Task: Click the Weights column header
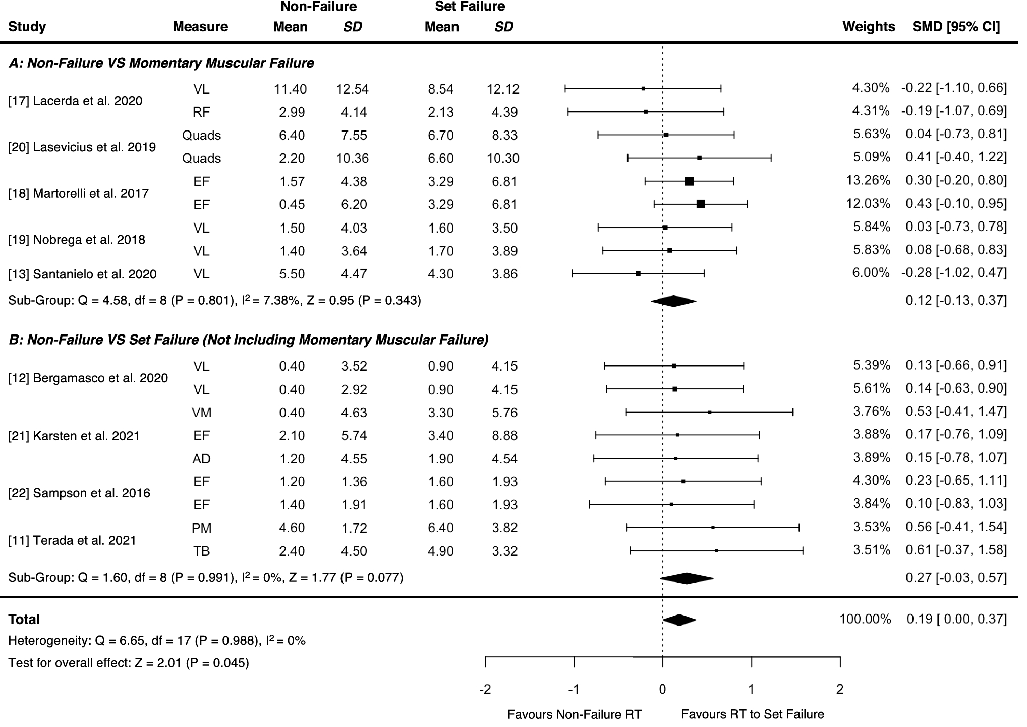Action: (x=869, y=27)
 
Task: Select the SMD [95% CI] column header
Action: (x=956, y=27)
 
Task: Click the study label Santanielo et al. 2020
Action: (x=82, y=274)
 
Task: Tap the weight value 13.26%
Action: (x=868, y=180)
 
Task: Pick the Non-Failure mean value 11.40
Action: (x=290, y=89)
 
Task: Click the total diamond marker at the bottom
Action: (x=679, y=620)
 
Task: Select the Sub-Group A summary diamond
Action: (x=673, y=301)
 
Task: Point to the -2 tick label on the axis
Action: (x=485, y=689)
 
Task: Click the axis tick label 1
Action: (x=751, y=689)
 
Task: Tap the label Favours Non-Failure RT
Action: (x=574, y=715)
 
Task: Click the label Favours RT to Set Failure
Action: (x=752, y=715)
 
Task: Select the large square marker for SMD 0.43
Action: (x=701, y=204)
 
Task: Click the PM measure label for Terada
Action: (x=201, y=528)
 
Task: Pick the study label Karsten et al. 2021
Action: (x=74, y=436)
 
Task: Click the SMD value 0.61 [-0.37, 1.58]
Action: (x=956, y=550)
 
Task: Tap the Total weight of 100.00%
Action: (x=865, y=619)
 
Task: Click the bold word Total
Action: (x=24, y=620)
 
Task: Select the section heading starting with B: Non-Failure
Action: (x=248, y=340)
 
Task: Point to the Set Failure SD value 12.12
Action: (x=503, y=89)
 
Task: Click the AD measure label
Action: (x=201, y=459)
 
